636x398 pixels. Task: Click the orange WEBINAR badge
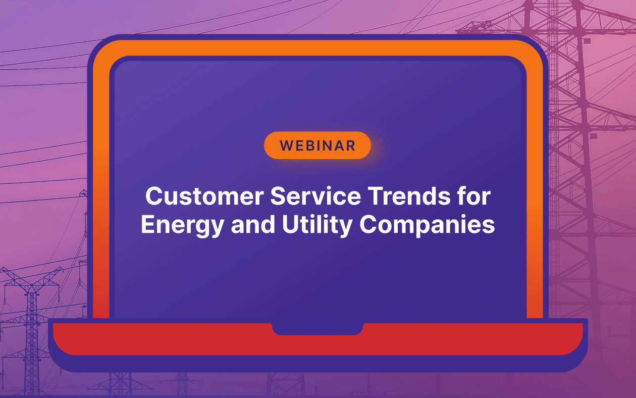pyautogui.click(x=317, y=145)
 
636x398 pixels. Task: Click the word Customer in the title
pyautogui.click(x=204, y=196)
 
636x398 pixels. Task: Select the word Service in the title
pyautogui.click(x=315, y=196)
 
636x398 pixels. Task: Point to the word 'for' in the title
pyautogui.click(x=474, y=196)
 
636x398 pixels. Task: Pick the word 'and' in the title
pyautogui.click(x=253, y=224)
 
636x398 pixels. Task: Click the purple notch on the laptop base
pyautogui.click(x=317, y=329)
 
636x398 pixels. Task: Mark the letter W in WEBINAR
pyautogui.click(x=287, y=146)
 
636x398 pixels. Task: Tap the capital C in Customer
pyautogui.click(x=153, y=196)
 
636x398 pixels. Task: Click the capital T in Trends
pyautogui.click(x=376, y=196)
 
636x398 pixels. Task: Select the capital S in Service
pyautogui.click(x=278, y=196)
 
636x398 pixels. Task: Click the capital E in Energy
pyautogui.click(x=148, y=224)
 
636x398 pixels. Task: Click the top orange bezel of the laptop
pyautogui.click(x=317, y=47)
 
